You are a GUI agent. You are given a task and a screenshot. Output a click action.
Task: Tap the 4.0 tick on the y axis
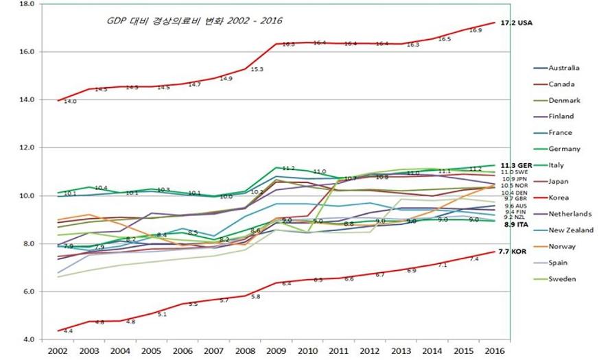coord(29,340)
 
